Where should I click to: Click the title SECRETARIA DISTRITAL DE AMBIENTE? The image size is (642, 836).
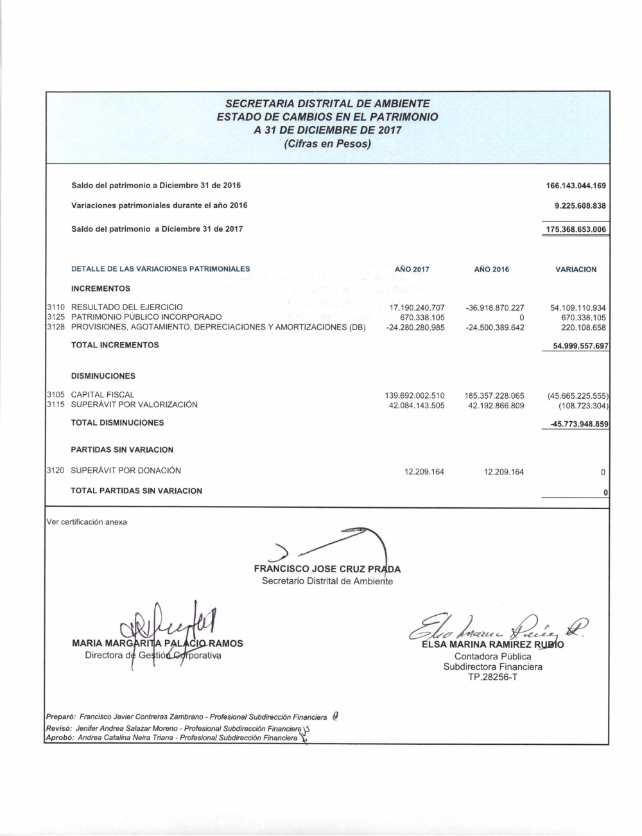[327, 103]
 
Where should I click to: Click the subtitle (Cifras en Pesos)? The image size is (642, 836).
[327, 144]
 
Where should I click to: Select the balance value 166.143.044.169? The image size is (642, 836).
[576, 186]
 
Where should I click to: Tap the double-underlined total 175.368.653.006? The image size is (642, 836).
[576, 229]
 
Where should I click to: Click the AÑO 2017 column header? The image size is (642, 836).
[412, 270]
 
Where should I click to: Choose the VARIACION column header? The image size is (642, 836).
[575, 270]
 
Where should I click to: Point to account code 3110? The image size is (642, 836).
[56, 308]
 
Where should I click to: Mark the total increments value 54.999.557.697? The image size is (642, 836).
[576, 346]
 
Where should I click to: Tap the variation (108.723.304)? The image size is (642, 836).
[583, 405]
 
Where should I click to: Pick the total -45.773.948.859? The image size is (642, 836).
[576, 424]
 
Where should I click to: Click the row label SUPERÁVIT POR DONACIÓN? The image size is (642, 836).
[126, 471]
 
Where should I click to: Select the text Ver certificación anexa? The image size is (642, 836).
[87, 522]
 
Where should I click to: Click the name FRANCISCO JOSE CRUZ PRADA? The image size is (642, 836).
[327, 569]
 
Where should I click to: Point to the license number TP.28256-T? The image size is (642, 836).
[492, 677]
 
